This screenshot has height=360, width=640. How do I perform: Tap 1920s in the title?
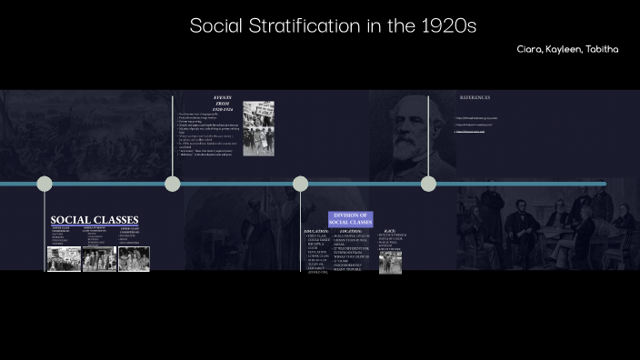click(x=446, y=25)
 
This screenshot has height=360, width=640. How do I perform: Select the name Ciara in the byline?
click(x=531, y=49)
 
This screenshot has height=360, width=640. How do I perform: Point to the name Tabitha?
click(x=602, y=49)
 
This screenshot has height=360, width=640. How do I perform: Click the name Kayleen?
click(x=565, y=49)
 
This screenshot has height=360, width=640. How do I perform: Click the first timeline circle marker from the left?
click(x=45, y=184)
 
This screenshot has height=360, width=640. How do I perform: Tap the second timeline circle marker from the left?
click(x=173, y=184)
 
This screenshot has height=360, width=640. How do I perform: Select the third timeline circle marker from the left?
click(x=301, y=184)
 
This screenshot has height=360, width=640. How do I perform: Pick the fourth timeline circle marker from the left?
click(x=428, y=184)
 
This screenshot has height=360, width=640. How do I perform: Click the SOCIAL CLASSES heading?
click(x=95, y=220)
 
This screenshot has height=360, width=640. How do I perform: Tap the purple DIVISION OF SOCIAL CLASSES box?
click(x=350, y=218)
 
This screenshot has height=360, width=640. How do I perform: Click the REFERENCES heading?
click(x=475, y=96)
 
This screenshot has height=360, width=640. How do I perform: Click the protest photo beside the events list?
click(x=258, y=128)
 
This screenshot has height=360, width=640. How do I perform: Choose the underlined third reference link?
click(x=471, y=131)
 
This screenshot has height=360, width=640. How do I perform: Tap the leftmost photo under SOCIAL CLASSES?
click(x=64, y=259)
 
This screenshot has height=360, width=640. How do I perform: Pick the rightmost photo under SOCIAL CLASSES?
click(x=134, y=259)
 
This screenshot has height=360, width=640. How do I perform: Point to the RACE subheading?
click(x=389, y=231)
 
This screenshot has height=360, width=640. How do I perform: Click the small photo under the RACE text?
click(x=390, y=262)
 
